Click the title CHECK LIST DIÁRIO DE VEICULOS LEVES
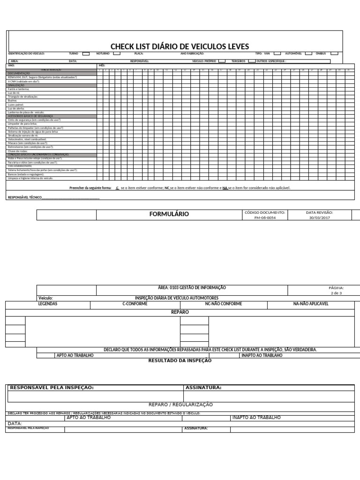pyautogui.click(x=180, y=46)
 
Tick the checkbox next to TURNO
pyautogui.click(x=86, y=54)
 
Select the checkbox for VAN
pyautogui.click(x=277, y=54)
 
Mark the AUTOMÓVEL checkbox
pyautogui.click(x=308, y=54)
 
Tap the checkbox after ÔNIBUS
pyautogui.click(x=334, y=54)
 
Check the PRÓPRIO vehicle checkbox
pyautogui.click(x=222, y=61)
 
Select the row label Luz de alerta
pyautogui.click(x=17, y=108)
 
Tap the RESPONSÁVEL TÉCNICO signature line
pyautogui.click(x=70, y=198)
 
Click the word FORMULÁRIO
pyautogui.click(x=169, y=214)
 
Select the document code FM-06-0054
pyautogui.click(x=265, y=218)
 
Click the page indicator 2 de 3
pyautogui.click(x=336, y=293)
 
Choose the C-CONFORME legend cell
pyautogui.click(x=135, y=304)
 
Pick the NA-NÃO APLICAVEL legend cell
pyautogui.click(x=311, y=304)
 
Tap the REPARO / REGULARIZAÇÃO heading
pyautogui.click(x=180, y=405)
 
